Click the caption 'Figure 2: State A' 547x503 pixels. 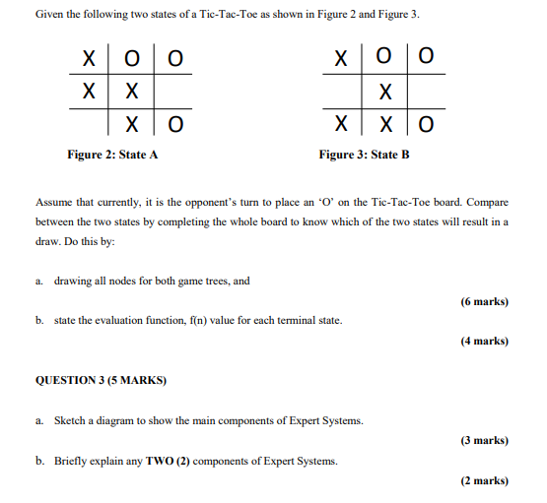(112, 155)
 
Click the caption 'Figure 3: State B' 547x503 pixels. (364, 155)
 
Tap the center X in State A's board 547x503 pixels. (130, 92)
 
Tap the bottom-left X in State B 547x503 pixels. (341, 125)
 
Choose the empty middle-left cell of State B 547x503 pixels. (341, 92)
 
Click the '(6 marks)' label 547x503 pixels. (484, 301)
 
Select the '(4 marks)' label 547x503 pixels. (484, 341)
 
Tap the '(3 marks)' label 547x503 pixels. (484, 441)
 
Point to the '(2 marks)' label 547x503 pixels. (484, 480)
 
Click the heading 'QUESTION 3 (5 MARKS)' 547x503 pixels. (102, 380)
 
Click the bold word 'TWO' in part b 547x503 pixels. (158, 461)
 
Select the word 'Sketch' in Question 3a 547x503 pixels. (70, 421)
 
